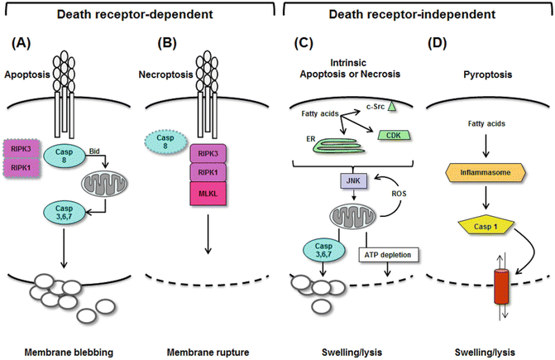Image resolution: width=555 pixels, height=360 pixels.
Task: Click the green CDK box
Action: tap(393, 136)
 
